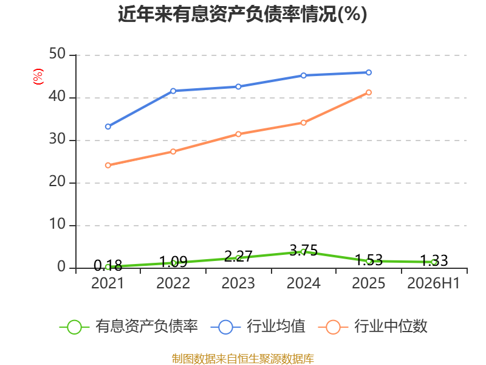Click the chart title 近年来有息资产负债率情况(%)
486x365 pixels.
[242, 14]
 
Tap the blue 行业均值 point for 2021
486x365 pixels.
[108, 127]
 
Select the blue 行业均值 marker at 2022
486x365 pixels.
[173, 91]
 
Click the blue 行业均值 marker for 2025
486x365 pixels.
[369, 72]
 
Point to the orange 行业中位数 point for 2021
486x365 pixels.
[108, 165]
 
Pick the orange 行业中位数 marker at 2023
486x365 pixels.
[238, 134]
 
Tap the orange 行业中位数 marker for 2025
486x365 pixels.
[369, 92]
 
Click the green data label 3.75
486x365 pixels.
[304, 251]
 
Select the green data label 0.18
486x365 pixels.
[108, 265]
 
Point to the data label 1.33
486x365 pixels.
[434, 260]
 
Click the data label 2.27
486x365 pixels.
[238, 256]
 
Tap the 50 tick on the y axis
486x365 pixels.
[57, 54]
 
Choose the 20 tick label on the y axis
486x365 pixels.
[57, 182]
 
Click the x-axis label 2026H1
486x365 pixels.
[434, 283]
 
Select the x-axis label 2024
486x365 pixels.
[303, 283]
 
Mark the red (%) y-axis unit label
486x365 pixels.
[38, 77]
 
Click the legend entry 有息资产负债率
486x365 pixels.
[128, 327]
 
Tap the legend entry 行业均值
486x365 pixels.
[258, 327]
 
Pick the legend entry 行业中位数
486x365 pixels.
[373, 327]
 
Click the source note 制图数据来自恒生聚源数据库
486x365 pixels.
[243, 359]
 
